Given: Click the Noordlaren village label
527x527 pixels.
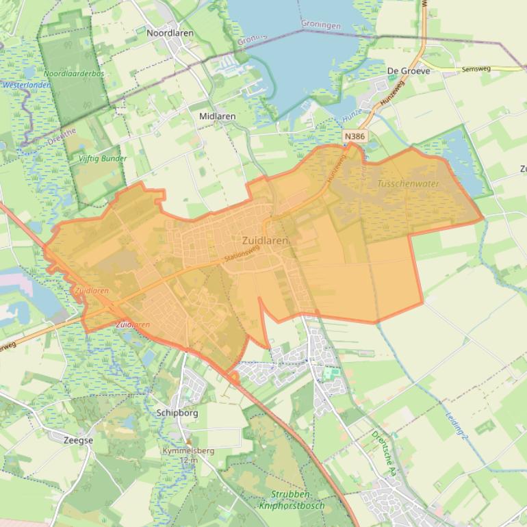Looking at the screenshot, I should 170,33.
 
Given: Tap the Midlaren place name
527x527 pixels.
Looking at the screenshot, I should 217,116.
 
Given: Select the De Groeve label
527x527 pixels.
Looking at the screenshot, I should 409,70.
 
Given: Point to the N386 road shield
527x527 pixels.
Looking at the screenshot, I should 355,136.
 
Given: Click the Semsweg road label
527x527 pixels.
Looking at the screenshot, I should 476,69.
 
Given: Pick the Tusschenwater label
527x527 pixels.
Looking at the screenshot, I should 408,183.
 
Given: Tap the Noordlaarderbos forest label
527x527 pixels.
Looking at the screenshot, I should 74,73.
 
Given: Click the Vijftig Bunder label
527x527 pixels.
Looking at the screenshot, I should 103,158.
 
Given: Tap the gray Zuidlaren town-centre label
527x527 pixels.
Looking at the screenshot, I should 265,241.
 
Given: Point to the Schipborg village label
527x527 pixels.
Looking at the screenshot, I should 177,413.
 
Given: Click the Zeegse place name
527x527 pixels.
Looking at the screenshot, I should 78,440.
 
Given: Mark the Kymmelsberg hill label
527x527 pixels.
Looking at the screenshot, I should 188,451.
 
